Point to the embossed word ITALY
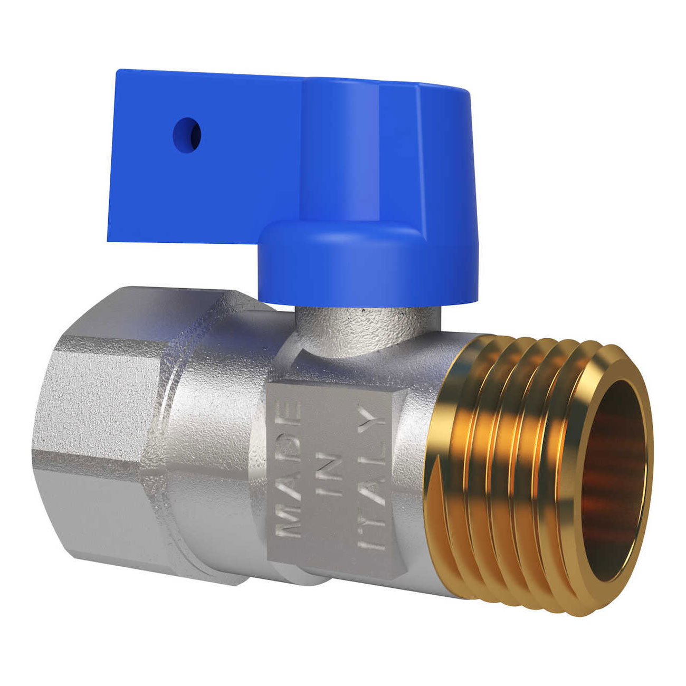pyautogui.click(x=371, y=478)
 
